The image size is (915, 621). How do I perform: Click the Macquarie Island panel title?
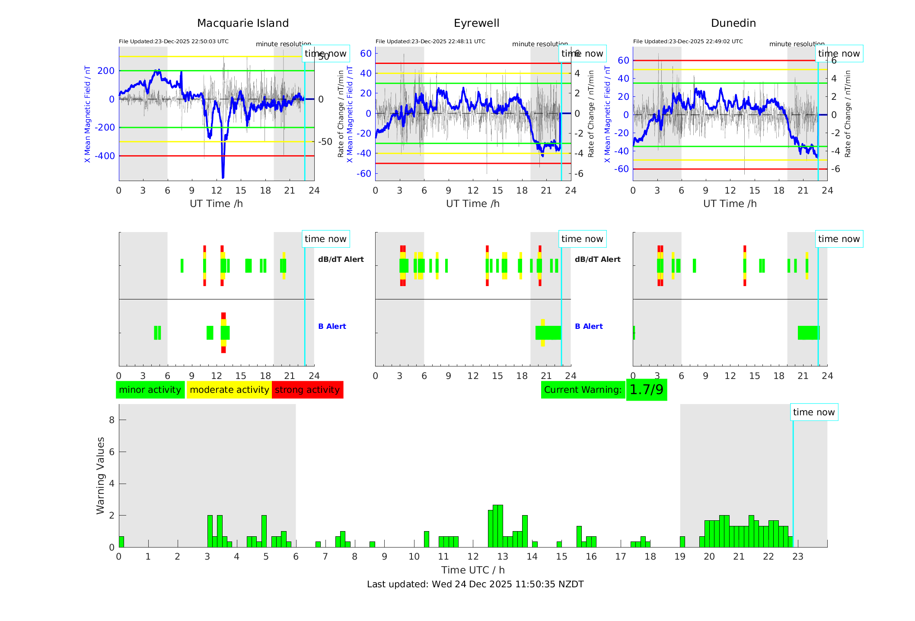[242, 23]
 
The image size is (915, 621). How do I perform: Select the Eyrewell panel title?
[476, 23]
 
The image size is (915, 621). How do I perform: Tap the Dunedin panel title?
[733, 23]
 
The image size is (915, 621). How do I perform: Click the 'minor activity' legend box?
[150, 390]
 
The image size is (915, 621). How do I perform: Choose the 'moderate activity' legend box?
[229, 390]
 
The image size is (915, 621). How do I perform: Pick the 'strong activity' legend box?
[307, 390]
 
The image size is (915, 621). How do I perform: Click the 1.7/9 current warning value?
[646, 390]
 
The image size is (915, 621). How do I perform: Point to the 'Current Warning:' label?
[583, 390]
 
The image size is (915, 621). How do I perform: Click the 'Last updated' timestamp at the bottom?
[475, 584]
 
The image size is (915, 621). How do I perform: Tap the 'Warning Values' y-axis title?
[101, 475]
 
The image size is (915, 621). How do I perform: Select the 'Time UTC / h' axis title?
[473, 570]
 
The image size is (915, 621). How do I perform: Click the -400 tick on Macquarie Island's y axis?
[105, 156]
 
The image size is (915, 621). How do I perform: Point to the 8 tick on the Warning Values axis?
[112, 420]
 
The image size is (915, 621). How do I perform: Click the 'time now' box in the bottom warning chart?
[813, 412]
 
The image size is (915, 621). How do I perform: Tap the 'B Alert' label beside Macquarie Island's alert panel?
[332, 326]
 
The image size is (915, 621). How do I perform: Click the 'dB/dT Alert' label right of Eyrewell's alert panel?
[597, 259]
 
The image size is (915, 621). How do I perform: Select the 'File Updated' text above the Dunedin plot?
[688, 41]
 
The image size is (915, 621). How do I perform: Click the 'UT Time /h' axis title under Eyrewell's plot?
[472, 204]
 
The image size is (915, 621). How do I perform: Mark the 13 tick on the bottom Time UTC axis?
[502, 557]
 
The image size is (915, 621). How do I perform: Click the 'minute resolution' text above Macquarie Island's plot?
[283, 44]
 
